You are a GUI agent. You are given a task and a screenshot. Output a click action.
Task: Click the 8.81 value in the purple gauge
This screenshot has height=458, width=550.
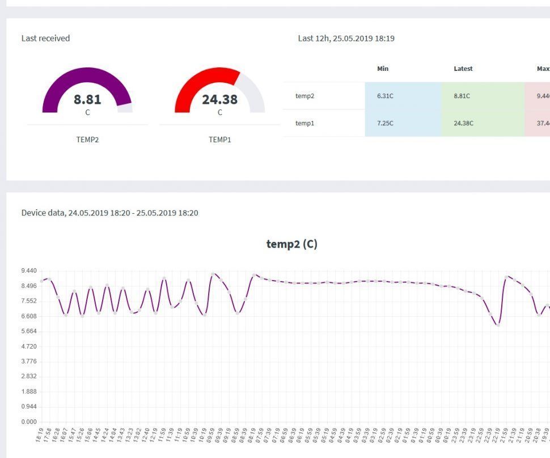pos(87,100)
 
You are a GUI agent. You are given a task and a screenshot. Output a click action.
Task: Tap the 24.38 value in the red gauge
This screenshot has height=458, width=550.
pos(219,100)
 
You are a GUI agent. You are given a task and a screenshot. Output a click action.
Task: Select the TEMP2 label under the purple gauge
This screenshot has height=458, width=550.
pos(87,139)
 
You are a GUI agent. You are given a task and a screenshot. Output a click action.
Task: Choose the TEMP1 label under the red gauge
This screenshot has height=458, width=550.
pos(219,139)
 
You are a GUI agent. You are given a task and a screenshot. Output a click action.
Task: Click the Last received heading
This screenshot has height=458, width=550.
pos(46,39)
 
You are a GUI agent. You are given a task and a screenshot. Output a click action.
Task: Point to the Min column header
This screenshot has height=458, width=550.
pos(383,69)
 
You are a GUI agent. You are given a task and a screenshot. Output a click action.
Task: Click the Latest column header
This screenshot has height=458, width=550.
pos(463,69)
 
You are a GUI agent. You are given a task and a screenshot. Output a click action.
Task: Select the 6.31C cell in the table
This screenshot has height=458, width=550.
pos(385,96)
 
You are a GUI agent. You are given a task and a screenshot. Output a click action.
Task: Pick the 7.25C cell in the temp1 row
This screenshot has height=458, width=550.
pos(385,123)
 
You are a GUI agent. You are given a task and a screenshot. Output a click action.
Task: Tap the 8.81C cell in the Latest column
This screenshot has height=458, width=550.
pos(462,96)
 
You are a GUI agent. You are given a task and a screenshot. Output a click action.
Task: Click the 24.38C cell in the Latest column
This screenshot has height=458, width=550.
pos(463,123)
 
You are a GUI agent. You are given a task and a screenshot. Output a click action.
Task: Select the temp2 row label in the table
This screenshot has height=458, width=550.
pos(304,96)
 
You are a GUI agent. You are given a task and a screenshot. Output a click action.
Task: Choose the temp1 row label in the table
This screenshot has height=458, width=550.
pos(304,123)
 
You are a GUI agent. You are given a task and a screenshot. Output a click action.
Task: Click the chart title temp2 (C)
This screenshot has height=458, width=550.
pos(291,244)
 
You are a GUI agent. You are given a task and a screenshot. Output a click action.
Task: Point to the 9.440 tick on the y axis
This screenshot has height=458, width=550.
pos(28,271)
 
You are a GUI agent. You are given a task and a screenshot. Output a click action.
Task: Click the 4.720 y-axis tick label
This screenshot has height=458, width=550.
pos(28,346)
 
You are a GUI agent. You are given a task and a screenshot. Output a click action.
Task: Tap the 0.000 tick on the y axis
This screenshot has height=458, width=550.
pos(28,422)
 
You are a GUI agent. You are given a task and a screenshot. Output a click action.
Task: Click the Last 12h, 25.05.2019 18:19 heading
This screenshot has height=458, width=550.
pos(346,39)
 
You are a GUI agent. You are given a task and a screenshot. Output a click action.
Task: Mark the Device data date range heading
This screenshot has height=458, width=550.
pos(110,213)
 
